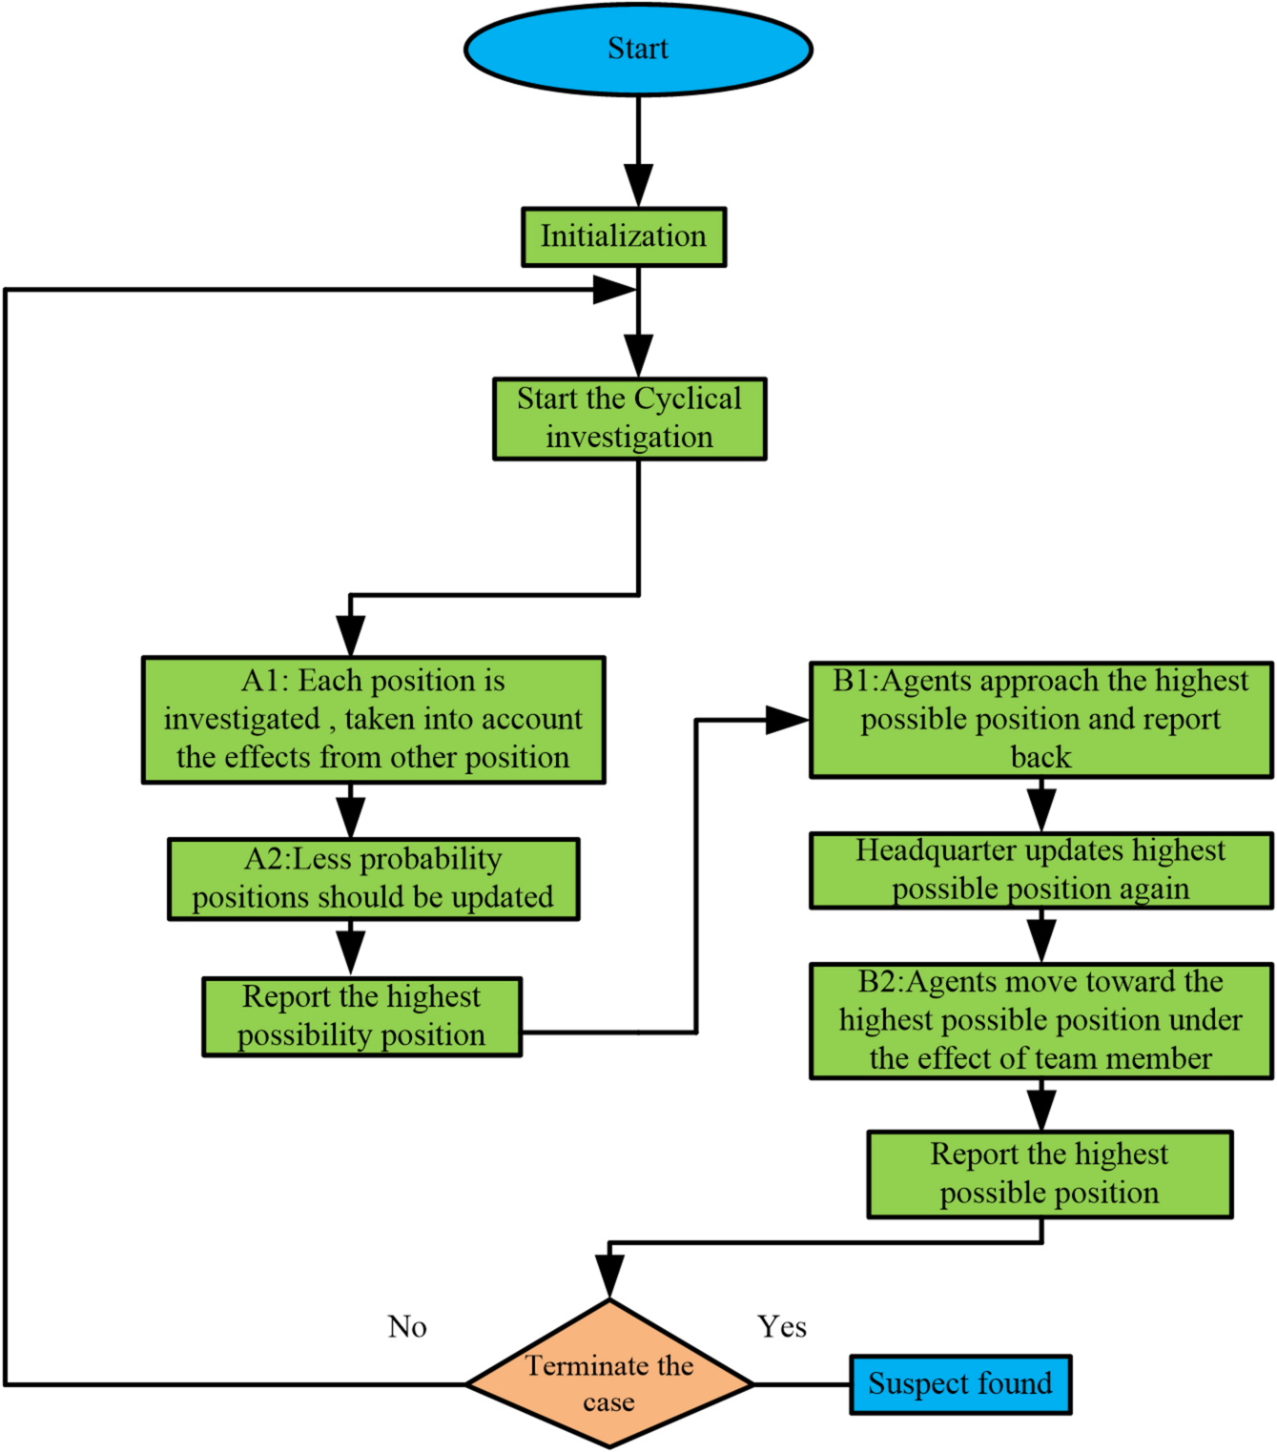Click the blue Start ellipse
pos(638,50)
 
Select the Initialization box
pos(624,236)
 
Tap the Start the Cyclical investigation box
pos(629,419)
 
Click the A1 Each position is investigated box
pos(373,720)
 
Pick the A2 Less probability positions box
pos(373,879)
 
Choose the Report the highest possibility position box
pos(361,1016)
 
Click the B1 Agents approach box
pos(1040,720)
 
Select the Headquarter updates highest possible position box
pos(1040,870)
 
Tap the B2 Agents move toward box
pos(1040,1020)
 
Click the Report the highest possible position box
pos(1049,1174)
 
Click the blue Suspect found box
pos(960,1384)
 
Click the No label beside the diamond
pos(407,1326)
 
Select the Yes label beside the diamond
pos(782,1326)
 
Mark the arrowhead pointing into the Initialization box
pos(638,185)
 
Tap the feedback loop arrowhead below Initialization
pos(614,290)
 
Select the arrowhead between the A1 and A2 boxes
pos(351,816)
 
